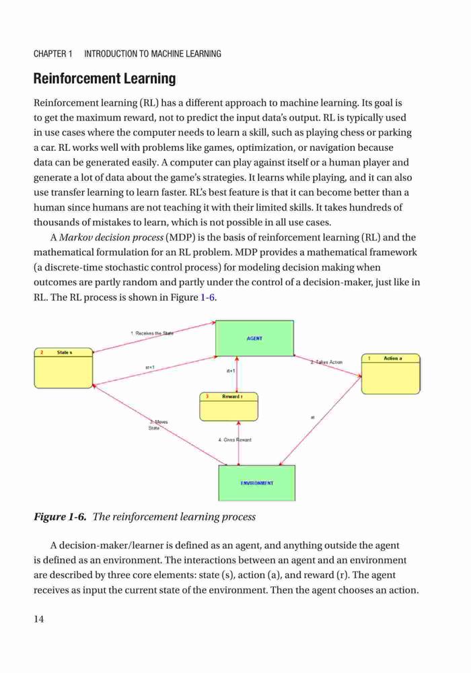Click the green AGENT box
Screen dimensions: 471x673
[x=254, y=339]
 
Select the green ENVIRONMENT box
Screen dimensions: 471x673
[x=257, y=483]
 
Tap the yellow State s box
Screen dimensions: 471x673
[x=63, y=368]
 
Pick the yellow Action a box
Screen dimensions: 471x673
[x=391, y=374]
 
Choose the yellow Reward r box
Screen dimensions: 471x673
[x=229, y=406]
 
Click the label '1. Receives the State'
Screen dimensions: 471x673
[x=152, y=332]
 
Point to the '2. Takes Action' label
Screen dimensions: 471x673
[x=326, y=362]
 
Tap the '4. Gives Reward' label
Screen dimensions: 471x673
[x=235, y=439]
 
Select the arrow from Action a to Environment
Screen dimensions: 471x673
[x=320, y=421]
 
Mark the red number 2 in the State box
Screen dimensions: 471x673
[x=42, y=353]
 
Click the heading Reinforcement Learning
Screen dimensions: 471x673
[x=105, y=79]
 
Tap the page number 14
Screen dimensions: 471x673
[x=38, y=618]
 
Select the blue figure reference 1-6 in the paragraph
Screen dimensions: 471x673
[x=207, y=297]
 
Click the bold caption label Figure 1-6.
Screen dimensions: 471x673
[x=60, y=516]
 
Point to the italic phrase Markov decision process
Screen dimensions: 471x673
[x=112, y=238]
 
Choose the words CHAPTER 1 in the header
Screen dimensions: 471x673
[x=52, y=54]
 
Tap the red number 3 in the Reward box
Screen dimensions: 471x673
[x=207, y=396]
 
